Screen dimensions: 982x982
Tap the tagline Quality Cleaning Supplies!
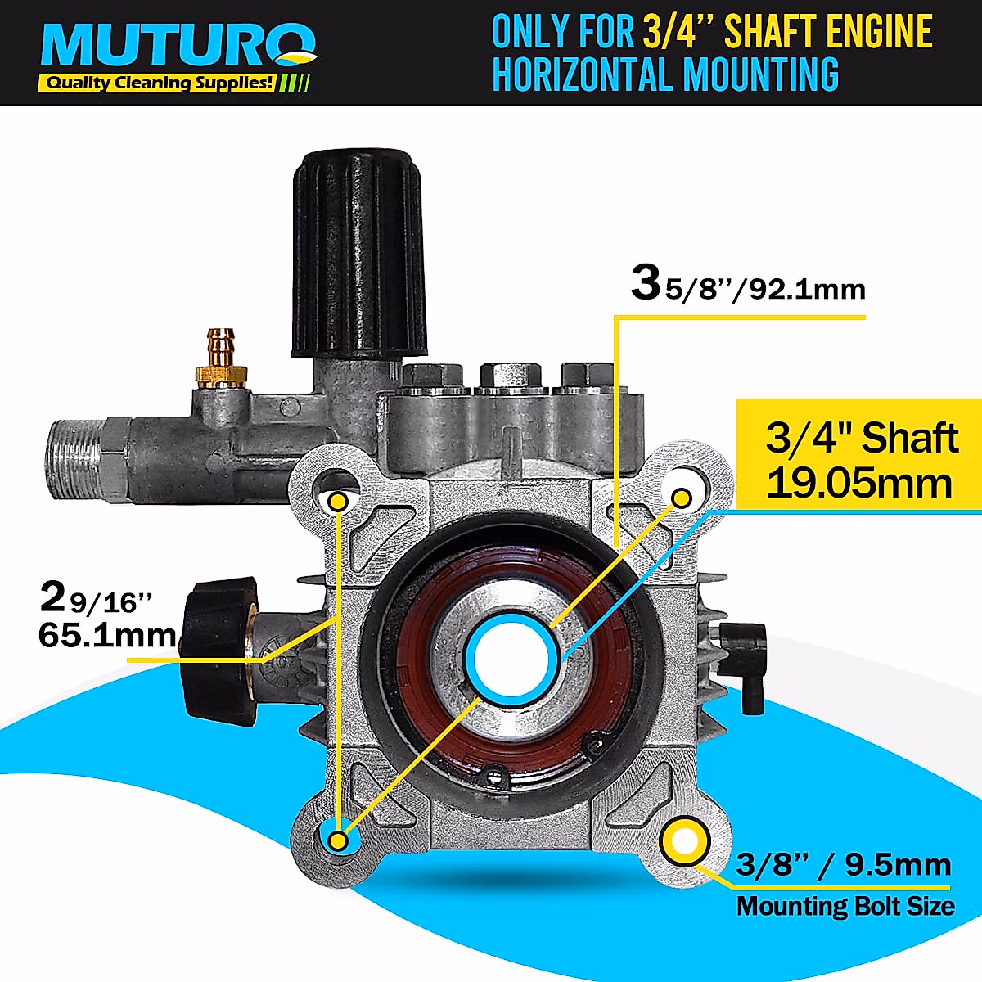coord(158,83)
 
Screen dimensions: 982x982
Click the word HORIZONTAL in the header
coord(583,74)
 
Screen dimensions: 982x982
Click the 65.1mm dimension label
coord(106,634)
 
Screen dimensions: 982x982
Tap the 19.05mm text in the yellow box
coord(859,483)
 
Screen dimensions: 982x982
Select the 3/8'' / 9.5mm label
coord(843,866)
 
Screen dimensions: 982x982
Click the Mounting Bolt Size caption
coord(845,906)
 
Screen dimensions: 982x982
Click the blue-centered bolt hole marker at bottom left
coord(337,840)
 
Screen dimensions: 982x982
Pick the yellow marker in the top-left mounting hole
coord(338,501)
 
